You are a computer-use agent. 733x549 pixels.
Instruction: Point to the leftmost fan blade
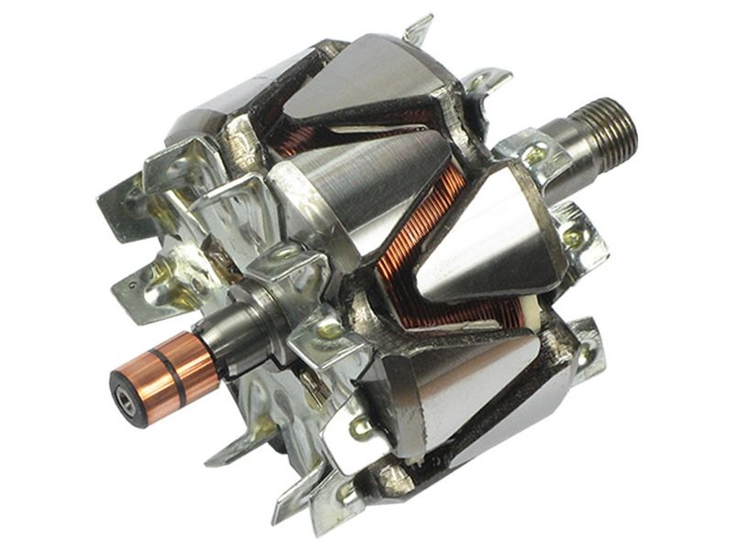(x=124, y=197)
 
